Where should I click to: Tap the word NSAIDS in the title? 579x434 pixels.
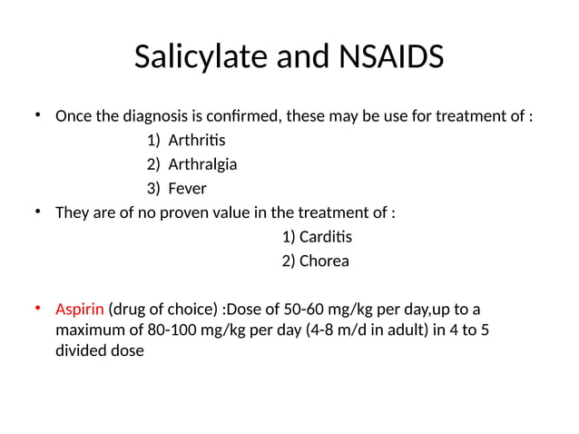pyautogui.click(x=394, y=57)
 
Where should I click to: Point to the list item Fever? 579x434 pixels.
pyautogui.click(x=187, y=189)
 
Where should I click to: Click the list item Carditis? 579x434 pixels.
pyautogui.click(x=325, y=237)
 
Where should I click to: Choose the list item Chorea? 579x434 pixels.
pyautogui.click(x=324, y=261)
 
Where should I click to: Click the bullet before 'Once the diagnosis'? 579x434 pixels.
pyautogui.click(x=38, y=115)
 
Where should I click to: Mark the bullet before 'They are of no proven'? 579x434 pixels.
pyautogui.click(x=38, y=212)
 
